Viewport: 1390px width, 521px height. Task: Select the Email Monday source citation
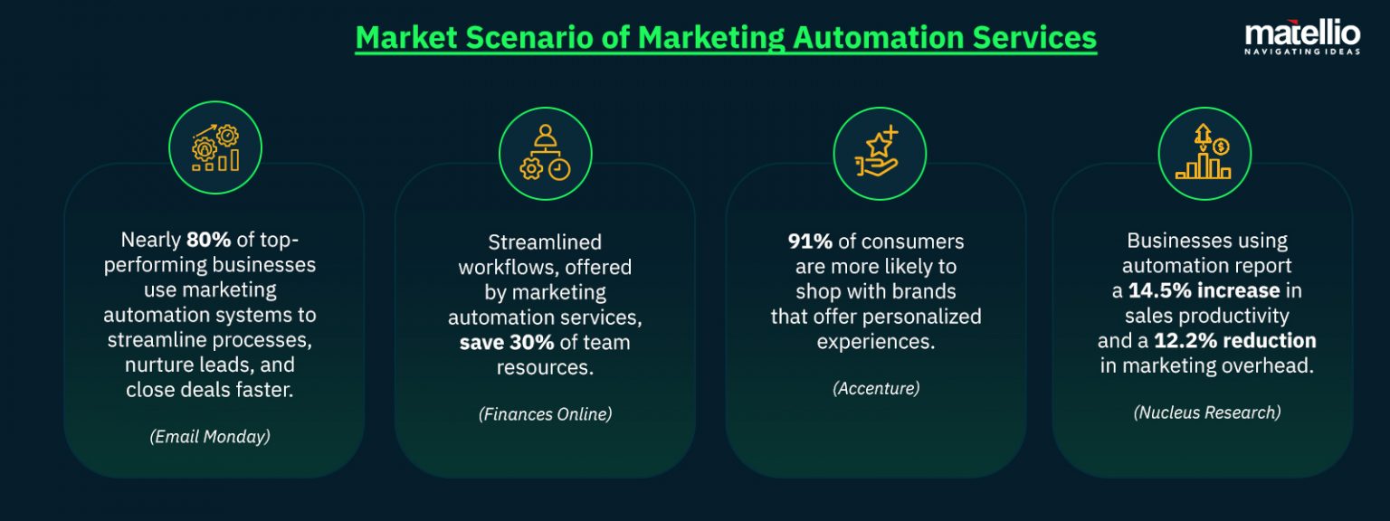pos(210,436)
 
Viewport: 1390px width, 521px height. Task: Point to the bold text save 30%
pos(507,343)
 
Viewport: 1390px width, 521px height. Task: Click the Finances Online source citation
pos(545,414)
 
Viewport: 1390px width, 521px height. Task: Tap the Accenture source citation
pos(876,388)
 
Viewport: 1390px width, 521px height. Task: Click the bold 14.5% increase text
pos(1204,290)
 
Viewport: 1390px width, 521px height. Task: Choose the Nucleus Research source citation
pos(1207,412)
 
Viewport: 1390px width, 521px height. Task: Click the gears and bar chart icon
pos(215,148)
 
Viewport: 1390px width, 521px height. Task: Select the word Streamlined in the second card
pos(545,242)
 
